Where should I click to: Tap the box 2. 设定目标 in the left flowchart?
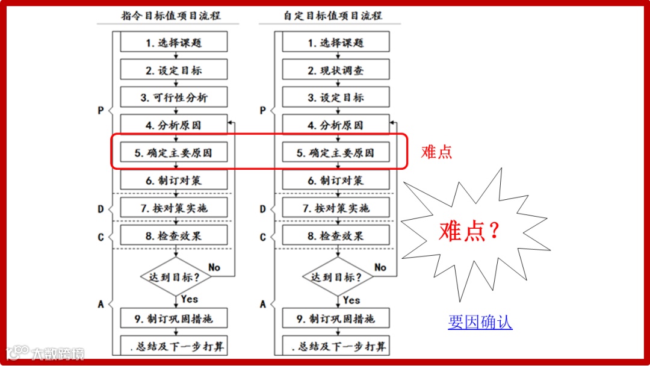(174, 70)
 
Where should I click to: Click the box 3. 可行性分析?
(174, 98)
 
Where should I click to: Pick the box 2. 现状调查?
(336, 70)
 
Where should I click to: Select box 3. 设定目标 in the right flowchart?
(336, 98)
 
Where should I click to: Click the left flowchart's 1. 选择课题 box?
(174, 43)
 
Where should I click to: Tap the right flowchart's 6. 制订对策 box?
(336, 181)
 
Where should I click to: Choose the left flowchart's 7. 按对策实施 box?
(174, 208)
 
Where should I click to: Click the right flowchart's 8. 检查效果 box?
(336, 236)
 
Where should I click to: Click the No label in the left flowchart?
(214, 267)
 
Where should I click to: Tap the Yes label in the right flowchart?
(352, 300)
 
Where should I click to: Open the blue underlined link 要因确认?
(480, 322)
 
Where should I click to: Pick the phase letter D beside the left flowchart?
(101, 209)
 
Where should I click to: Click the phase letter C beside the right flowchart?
(263, 237)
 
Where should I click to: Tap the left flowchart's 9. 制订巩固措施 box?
(174, 318)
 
